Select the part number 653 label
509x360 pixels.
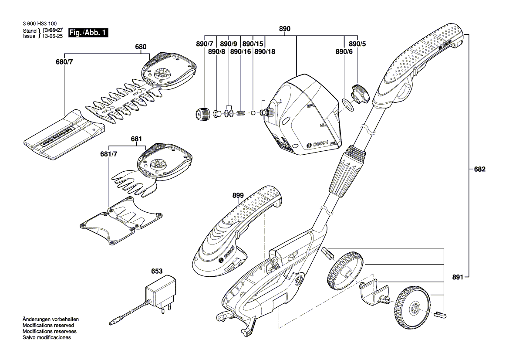(157, 271)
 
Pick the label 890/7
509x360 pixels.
(205, 44)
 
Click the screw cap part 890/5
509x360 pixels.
(361, 93)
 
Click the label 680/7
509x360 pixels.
(64, 62)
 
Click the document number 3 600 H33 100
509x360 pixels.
(39, 24)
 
